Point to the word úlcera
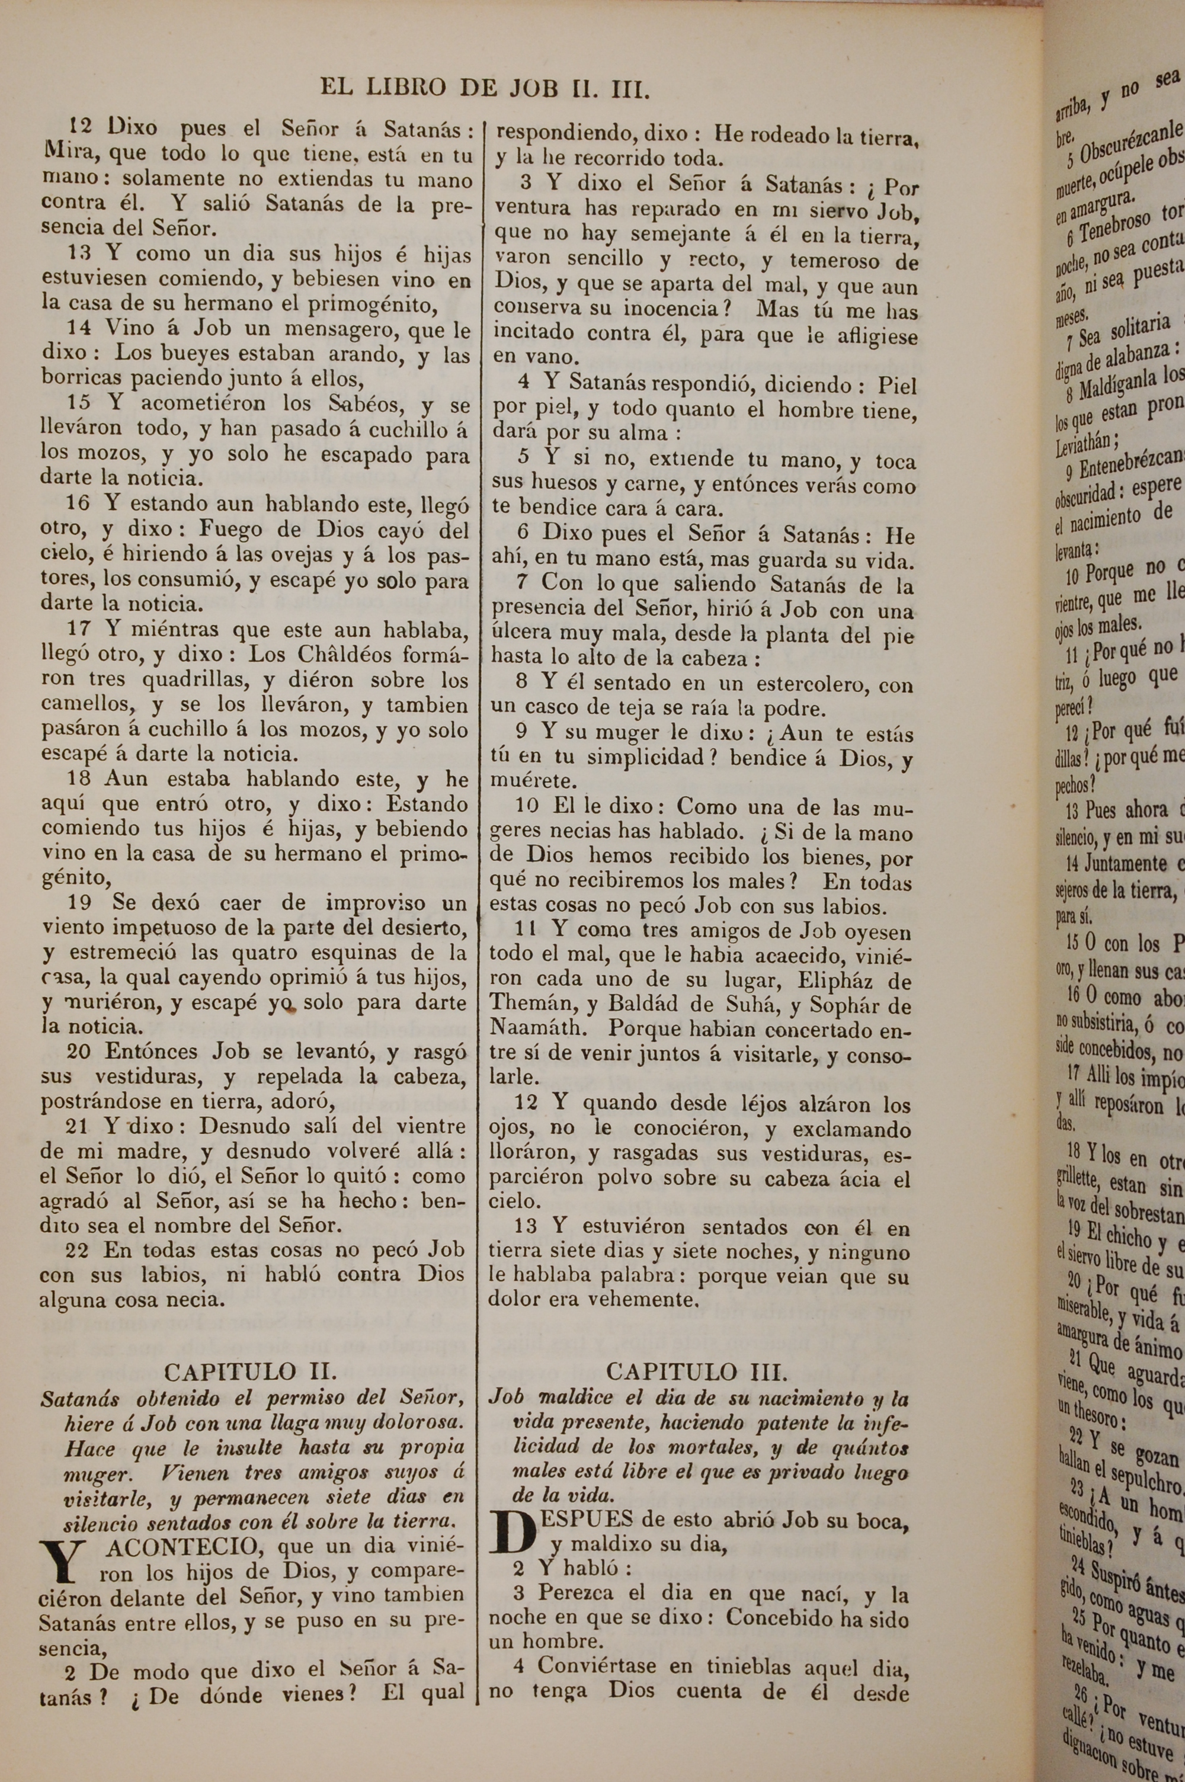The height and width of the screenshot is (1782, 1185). (523, 634)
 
